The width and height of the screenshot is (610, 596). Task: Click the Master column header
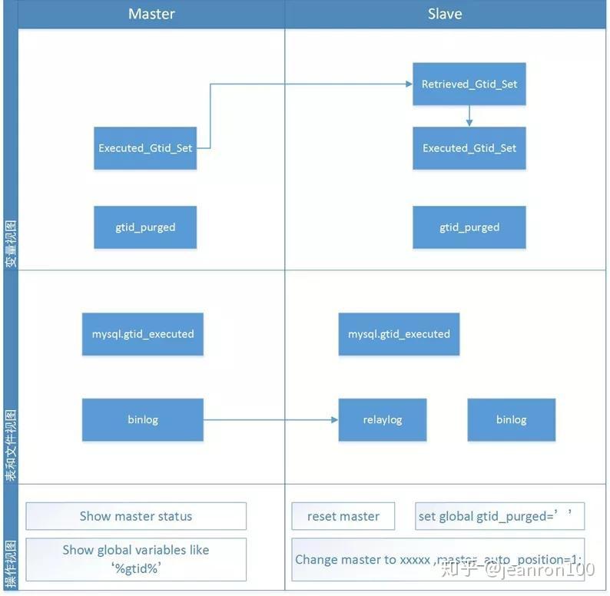(x=151, y=14)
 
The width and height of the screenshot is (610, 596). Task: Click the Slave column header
(x=445, y=14)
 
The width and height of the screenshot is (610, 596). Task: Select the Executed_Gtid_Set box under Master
(x=145, y=148)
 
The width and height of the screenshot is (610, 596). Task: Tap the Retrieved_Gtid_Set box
(x=469, y=84)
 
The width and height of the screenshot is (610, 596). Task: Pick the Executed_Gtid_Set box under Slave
(x=469, y=148)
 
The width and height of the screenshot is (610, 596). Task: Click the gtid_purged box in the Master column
(x=145, y=227)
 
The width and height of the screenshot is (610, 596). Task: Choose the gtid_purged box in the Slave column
(x=469, y=227)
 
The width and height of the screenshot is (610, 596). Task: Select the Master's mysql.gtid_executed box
(x=143, y=334)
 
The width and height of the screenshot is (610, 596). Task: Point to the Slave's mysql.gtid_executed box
(x=399, y=334)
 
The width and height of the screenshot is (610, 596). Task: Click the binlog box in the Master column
(x=143, y=419)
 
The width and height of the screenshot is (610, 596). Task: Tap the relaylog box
(x=383, y=419)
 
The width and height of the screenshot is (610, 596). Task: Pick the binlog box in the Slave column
(x=511, y=419)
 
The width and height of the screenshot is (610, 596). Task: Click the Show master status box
(x=136, y=516)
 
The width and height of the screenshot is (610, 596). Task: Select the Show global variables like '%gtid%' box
(x=136, y=559)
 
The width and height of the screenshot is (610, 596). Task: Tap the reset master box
(x=343, y=516)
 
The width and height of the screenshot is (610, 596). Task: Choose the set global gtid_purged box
(x=499, y=516)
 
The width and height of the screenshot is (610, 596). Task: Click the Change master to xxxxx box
(x=438, y=559)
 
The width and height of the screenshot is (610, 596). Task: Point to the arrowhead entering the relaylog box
(x=333, y=419)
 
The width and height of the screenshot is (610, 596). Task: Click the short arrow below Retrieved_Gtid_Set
(x=469, y=116)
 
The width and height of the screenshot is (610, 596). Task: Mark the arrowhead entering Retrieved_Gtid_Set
(x=408, y=84)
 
